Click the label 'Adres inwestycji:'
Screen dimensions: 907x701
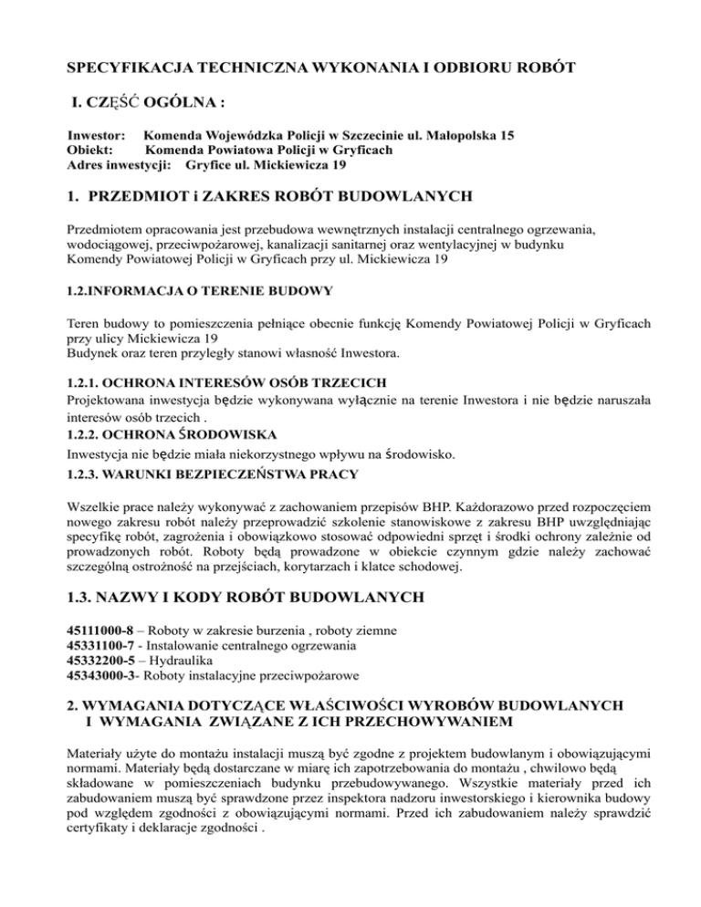pyautogui.click(x=122, y=167)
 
